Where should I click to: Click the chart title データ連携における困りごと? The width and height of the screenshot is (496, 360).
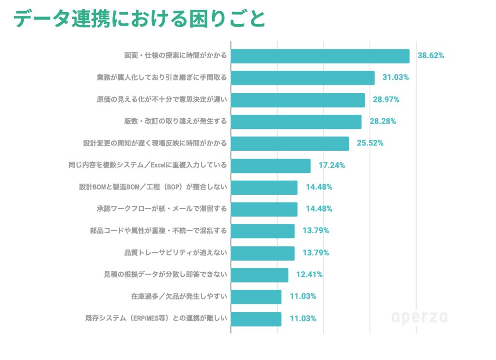click(x=139, y=19)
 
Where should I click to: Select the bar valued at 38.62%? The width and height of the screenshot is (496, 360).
click(x=320, y=56)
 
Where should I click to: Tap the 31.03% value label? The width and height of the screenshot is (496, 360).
click(x=396, y=78)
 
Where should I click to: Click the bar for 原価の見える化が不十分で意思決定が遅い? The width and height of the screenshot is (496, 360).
click(x=297, y=100)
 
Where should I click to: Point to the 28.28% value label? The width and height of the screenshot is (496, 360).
click(x=383, y=121)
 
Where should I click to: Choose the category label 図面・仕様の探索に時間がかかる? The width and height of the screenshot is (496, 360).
click(x=175, y=56)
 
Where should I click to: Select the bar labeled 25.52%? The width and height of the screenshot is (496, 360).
click(x=290, y=143)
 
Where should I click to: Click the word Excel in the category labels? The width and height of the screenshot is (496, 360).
click(x=159, y=165)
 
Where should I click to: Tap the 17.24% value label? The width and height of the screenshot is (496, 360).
click(x=331, y=165)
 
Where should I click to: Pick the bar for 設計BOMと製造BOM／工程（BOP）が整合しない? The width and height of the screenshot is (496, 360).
click(x=264, y=187)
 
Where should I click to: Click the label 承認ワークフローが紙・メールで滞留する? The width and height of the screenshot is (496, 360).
click(x=162, y=209)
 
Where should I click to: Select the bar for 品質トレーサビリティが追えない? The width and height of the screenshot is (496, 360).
click(x=263, y=253)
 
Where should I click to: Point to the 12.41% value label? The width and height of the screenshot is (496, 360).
click(x=309, y=275)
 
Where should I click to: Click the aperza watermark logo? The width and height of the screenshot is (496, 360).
click(x=419, y=317)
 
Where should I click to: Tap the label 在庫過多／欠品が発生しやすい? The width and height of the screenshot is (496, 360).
click(x=179, y=297)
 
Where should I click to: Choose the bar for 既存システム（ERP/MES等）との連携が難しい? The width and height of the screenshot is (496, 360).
click(x=256, y=318)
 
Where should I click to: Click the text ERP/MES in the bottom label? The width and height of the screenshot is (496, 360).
click(x=148, y=318)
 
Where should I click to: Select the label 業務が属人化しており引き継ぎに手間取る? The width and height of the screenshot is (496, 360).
click(x=162, y=78)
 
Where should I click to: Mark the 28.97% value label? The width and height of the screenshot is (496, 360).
click(x=386, y=100)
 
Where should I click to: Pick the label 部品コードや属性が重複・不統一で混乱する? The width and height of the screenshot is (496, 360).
click(x=158, y=231)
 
